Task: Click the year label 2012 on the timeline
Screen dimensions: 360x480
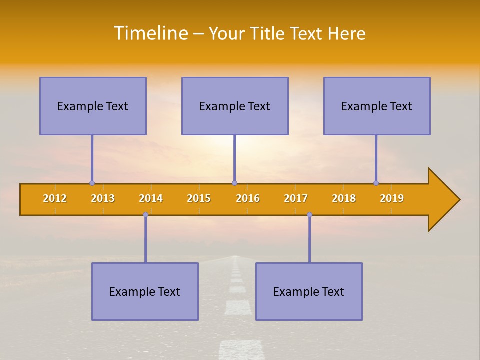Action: tap(55, 198)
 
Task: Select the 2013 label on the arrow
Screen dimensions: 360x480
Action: tap(103, 198)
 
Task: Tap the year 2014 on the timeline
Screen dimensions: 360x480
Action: tap(151, 198)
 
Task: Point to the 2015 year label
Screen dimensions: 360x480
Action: tap(199, 198)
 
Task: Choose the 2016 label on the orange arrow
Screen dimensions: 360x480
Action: tap(248, 198)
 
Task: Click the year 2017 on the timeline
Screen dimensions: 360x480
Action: tap(296, 198)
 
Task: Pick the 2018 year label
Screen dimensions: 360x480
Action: tap(344, 198)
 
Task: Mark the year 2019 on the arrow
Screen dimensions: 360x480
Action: tap(392, 198)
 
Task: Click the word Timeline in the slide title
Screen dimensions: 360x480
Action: tap(150, 33)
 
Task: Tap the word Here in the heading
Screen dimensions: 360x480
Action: tap(346, 33)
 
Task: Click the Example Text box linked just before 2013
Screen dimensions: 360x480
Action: tap(93, 106)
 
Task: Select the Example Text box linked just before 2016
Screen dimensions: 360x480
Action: tap(235, 106)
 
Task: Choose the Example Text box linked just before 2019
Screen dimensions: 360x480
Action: tap(377, 106)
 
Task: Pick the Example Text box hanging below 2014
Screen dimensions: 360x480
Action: tap(145, 291)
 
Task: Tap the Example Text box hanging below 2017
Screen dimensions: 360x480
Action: tap(309, 291)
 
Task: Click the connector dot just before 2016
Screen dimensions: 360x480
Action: tap(234, 183)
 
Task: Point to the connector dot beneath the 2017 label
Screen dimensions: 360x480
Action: tap(309, 215)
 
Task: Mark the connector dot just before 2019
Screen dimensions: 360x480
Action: tap(376, 183)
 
